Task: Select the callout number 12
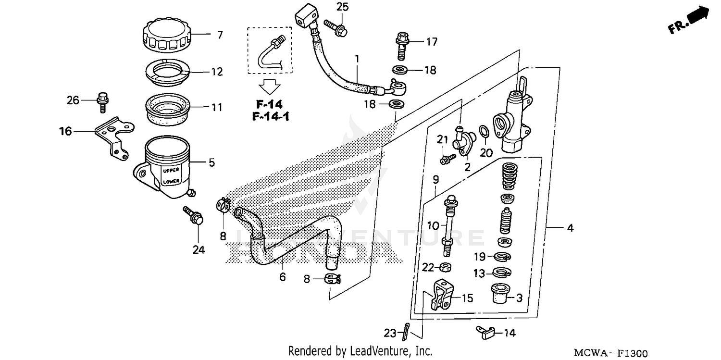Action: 217,72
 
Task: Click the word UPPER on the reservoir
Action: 171,171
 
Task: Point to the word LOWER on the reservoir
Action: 171,182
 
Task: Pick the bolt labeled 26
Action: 101,100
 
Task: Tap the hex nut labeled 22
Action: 446,267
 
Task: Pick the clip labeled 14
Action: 483,331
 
